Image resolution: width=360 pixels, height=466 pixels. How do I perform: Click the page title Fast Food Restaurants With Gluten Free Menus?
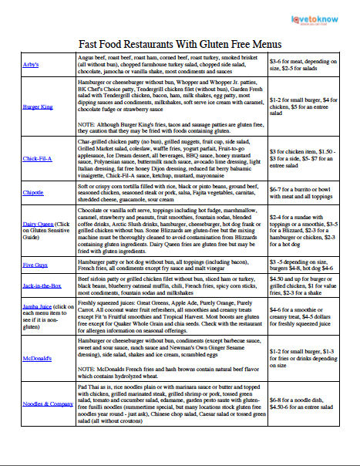[180, 46]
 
